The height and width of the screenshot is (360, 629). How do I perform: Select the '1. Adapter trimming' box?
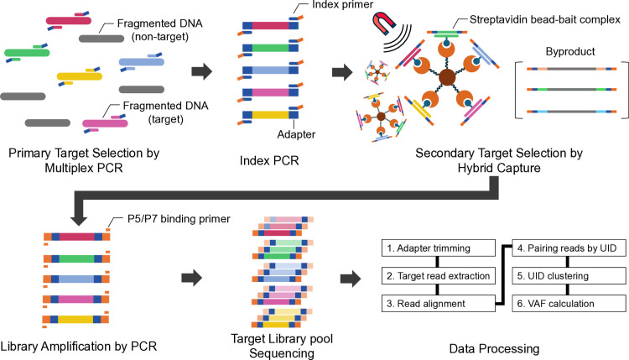pyautogui.click(x=439, y=248)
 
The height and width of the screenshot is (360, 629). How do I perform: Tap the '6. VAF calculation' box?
pyautogui.click(x=569, y=304)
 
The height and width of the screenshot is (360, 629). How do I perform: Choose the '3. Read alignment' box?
pyautogui.click(x=439, y=304)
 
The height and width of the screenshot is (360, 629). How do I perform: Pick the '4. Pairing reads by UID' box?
pyautogui.click(x=569, y=248)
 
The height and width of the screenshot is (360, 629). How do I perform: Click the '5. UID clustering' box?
pyautogui.click(x=569, y=276)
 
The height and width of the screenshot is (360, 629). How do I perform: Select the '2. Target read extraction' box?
pyautogui.click(x=439, y=276)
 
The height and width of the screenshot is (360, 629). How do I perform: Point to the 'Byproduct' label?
pyautogui.click(x=570, y=51)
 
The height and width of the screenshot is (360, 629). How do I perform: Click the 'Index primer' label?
pyautogui.click(x=342, y=5)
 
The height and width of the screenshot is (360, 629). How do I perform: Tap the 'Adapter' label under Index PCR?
pyautogui.click(x=296, y=134)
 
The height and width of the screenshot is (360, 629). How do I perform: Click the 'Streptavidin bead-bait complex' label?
pyautogui.click(x=545, y=19)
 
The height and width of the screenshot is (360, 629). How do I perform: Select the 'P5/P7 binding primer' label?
pyautogui.click(x=179, y=219)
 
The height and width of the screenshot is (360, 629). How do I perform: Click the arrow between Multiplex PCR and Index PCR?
pyautogui.click(x=201, y=71)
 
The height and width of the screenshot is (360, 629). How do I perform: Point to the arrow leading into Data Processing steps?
pyautogui.click(x=351, y=278)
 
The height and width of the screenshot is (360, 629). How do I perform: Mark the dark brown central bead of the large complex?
pyautogui.click(x=447, y=77)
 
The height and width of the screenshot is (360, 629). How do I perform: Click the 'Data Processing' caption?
pyautogui.click(x=494, y=349)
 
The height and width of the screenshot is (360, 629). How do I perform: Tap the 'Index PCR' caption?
pyautogui.click(x=269, y=160)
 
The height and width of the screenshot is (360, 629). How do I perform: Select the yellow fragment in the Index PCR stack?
pyautogui.click(x=270, y=115)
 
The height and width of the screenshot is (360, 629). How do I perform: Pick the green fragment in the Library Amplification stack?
pyautogui.click(x=76, y=258)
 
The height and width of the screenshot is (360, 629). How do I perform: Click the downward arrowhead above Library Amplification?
pyautogui.click(x=79, y=220)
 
